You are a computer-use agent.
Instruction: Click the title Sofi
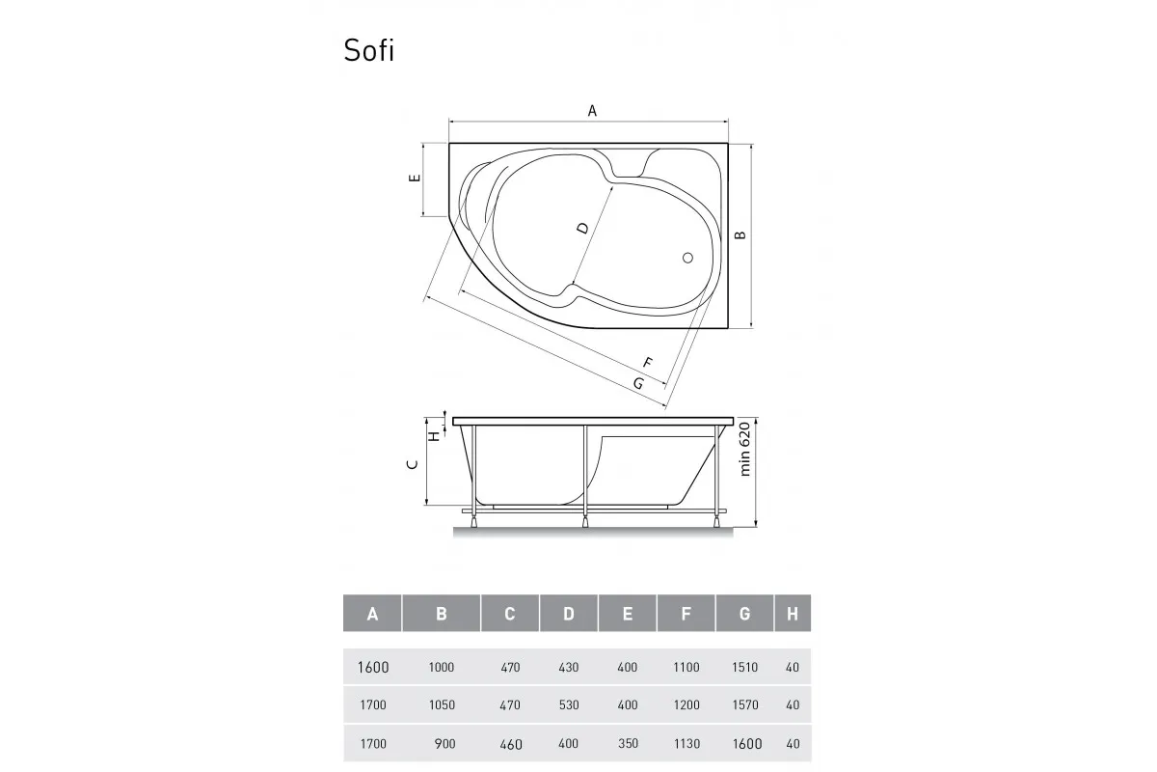click(x=368, y=50)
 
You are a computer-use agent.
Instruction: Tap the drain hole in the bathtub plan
click(x=687, y=258)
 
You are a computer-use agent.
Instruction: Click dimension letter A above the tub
click(x=592, y=111)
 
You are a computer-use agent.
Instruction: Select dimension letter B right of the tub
click(x=740, y=234)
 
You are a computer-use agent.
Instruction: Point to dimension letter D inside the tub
click(x=582, y=229)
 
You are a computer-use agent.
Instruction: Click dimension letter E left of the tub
click(x=413, y=179)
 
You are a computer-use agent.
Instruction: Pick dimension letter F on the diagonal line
click(x=648, y=363)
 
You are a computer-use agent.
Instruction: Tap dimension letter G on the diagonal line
click(x=638, y=383)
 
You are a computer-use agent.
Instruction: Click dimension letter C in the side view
click(x=413, y=465)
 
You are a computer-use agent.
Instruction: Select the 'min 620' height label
click(x=744, y=454)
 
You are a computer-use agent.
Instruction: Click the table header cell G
click(x=744, y=613)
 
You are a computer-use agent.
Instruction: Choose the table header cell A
click(x=372, y=613)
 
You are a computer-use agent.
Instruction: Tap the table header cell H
click(x=793, y=613)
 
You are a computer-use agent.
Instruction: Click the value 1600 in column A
click(x=372, y=667)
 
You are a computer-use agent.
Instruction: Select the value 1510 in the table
click(x=744, y=667)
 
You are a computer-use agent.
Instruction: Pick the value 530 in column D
click(x=569, y=704)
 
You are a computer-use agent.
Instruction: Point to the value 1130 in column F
click(x=686, y=743)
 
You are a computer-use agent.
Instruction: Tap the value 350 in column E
click(x=627, y=743)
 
